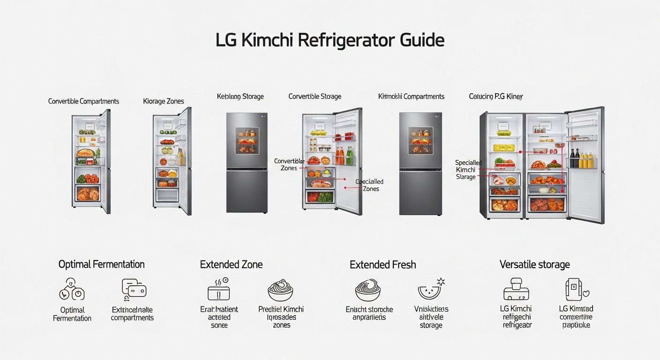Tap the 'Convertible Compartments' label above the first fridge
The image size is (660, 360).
click(x=83, y=101)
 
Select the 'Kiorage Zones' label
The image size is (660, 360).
click(x=164, y=101)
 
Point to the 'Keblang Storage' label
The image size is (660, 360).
click(x=240, y=97)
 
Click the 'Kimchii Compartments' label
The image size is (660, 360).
click(x=411, y=97)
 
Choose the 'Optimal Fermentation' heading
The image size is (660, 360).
click(x=101, y=264)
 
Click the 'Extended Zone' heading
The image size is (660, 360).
click(x=231, y=264)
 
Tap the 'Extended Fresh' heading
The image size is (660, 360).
click(x=382, y=265)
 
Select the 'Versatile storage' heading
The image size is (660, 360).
click(x=534, y=264)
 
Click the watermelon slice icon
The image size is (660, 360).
click(x=430, y=290)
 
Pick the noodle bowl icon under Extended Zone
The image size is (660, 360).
click(x=280, y=290)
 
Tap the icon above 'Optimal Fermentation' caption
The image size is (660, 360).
click(x=72, y=289)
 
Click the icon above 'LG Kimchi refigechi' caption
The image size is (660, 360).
click(x=516, y=289)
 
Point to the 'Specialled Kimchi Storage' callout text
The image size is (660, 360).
click(x=468, y=170)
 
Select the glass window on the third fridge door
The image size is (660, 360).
click(x=247, y=140)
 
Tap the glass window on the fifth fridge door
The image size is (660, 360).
click(x=420, y=140)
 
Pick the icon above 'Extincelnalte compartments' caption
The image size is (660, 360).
click(x=133, y=289)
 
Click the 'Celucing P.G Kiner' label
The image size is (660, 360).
click(x=495, y=97)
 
